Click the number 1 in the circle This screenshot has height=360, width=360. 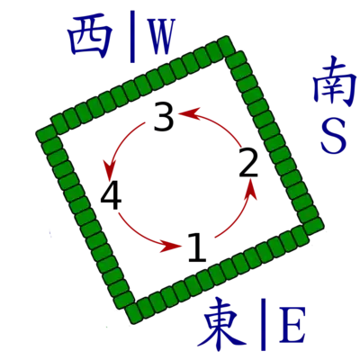tap(197, 247)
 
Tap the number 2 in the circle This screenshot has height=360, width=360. tap(248, 162)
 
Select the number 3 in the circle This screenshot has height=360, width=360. tap(164, 116)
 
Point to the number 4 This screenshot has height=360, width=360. tap(111, 195)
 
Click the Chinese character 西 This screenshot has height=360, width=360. tap(90, 38)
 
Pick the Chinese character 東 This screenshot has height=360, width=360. tap(224, 323)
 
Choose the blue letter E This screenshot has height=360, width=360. tap(292, 325)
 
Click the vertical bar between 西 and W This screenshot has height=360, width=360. tap(132, 37)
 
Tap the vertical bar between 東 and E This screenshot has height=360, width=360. tap(263, 324)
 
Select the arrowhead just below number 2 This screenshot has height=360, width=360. tap(251, 189)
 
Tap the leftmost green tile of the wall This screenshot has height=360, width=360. tap(46, 134)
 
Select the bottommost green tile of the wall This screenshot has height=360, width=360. tap(134, 314)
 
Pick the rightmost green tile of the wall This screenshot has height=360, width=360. tap(313, 226)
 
